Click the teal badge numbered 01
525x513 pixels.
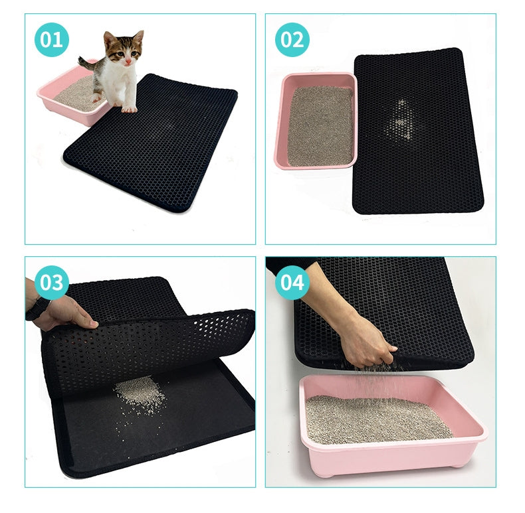[x=52, y=40]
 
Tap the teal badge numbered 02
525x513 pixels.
[x=292, y=40]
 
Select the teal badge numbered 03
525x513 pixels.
[x=51, y=283]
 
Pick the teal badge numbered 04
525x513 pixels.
[x=292, y=283]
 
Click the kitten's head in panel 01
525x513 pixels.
[x=124, y=50]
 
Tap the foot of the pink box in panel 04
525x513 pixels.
[x=458, y=463]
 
